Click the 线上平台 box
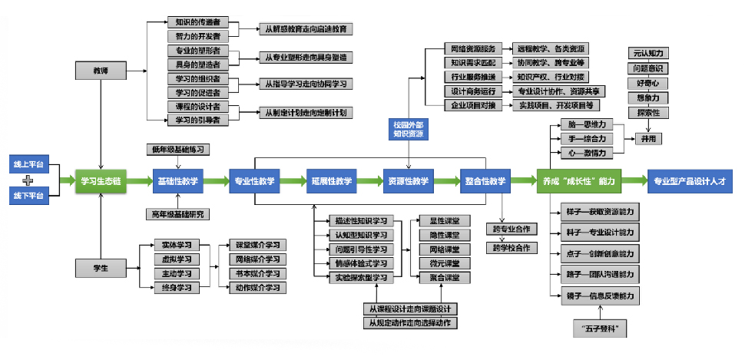point(28,165)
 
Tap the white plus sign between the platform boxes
point(28,181)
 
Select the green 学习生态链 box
point(100,181)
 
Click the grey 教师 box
point(101,70)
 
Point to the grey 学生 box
point(101,268)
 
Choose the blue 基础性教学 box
point(177,181)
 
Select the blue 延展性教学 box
point(331,181)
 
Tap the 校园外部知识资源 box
point(409,128)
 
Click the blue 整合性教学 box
point(485,181)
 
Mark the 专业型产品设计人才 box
point(690,181)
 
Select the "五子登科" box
point(601,330)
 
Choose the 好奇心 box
point(647,83)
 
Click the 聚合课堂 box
point(444,277)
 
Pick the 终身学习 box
point(176,287)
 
